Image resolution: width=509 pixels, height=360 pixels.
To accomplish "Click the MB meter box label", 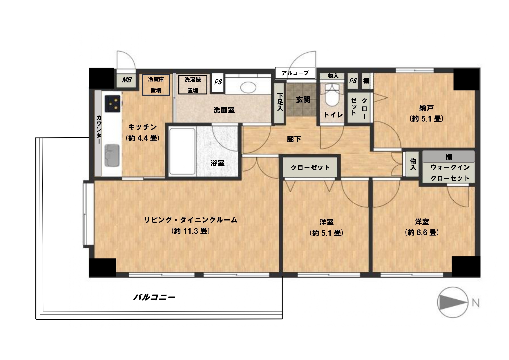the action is coord(126,80).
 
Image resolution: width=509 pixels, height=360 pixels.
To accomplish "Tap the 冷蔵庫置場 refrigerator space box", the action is coord(156,85).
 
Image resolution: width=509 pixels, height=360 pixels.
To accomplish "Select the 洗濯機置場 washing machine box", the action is coord(193,85).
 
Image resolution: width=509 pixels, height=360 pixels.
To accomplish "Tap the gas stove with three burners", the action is coord(113,104).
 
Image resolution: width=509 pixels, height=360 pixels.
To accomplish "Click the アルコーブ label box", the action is coord(295,73).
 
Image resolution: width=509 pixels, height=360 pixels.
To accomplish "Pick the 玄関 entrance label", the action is coord(303,100).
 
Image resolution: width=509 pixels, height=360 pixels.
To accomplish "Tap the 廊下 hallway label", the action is coord(294,139).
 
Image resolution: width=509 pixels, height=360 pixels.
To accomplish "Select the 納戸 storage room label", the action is coord(426,108).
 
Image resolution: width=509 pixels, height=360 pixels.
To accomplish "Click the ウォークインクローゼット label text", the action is coord(450,173).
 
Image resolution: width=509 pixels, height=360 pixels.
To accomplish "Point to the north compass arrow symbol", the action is coord(452,303).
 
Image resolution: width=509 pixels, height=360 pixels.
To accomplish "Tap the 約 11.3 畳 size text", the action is coord(191,231).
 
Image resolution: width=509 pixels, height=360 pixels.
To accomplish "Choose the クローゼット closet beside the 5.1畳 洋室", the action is coord(310,167).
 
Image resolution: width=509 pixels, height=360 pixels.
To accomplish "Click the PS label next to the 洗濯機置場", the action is coord(218,82).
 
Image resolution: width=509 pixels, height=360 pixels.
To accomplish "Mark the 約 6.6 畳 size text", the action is coord(422,232).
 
